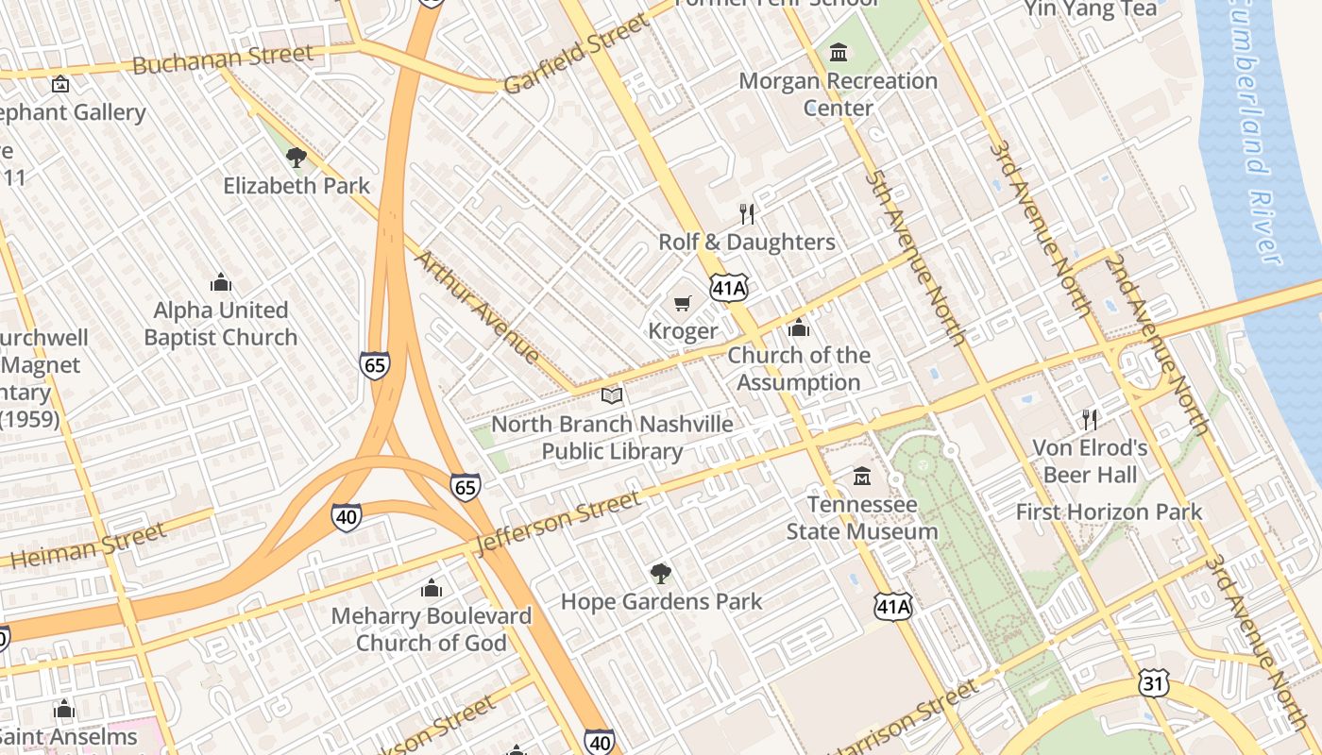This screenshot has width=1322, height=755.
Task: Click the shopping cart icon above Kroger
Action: (682, 303)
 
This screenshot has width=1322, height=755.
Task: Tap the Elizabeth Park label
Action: (297, 185)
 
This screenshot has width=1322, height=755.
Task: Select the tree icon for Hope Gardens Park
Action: (661, 573)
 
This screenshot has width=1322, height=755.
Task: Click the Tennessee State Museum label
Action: (862, 518)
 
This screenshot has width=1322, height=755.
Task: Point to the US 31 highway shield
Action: (1153, 683)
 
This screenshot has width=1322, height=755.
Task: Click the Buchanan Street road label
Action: (223, 59)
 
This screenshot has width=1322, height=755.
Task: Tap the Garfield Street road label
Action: (576, 53)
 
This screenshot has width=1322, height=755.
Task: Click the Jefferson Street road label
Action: (559, 522)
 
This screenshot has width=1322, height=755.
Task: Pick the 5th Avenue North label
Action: (915, 257)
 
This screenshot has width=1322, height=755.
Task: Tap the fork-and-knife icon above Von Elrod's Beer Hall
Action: (1090, 419)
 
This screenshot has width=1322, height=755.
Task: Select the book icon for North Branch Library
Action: (612, 395)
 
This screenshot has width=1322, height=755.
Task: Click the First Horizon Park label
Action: (1109, 512)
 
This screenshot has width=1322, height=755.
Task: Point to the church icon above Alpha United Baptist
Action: (221, 282)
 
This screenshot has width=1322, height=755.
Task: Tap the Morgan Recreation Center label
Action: (838, 93)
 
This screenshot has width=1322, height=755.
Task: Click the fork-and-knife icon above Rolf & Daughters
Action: (747, 213)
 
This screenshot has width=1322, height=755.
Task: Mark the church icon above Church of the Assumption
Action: (799, 327)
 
